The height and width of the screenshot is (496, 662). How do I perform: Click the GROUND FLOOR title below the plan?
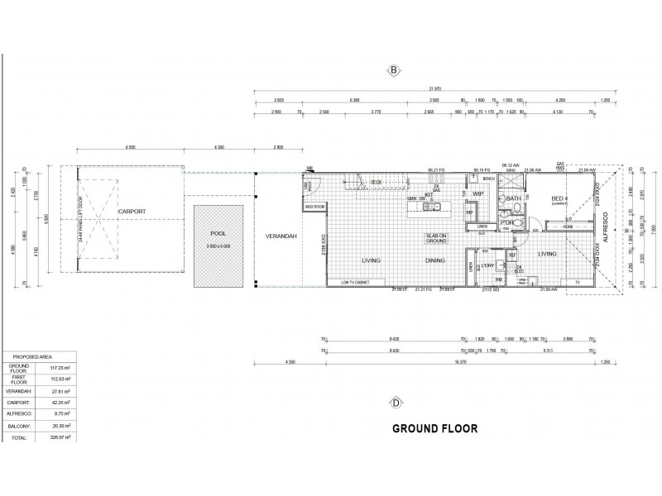[433, 429]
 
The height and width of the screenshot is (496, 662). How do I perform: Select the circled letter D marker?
[396, 403]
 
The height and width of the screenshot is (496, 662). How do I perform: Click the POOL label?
[218, 234]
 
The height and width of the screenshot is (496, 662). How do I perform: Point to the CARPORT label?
[132, 212]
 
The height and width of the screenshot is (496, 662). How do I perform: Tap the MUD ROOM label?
[314, 206]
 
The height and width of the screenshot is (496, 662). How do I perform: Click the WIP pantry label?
[477, 194]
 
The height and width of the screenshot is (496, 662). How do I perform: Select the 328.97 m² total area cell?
[58, 436]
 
